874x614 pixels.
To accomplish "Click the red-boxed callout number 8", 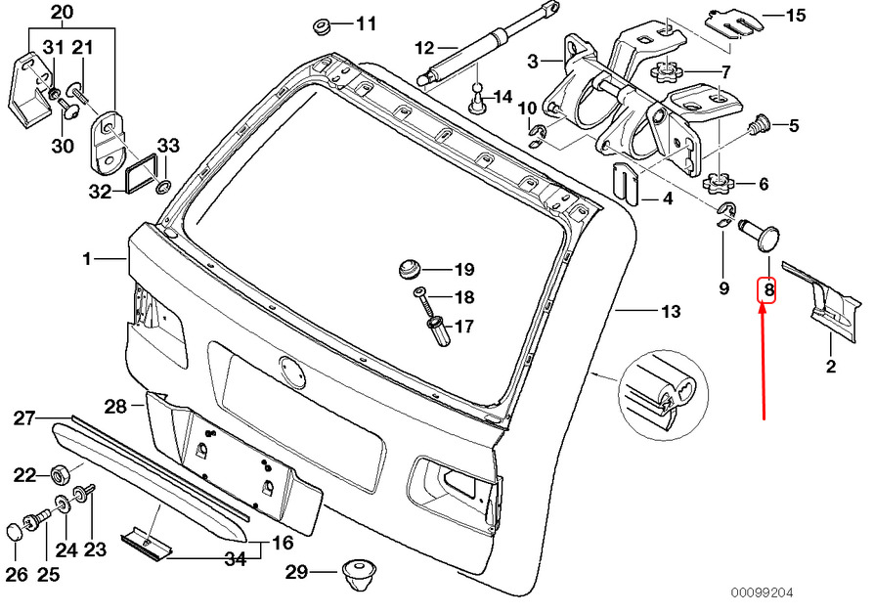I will pyautogui.click(x=768, y=290).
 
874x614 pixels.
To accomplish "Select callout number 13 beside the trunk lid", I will pyautogui.click(x=669, y=313).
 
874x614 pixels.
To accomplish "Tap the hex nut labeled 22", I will pyautogui.click(x=58, y=475).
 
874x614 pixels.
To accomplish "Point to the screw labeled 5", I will pyautogui.click(x=760, y=125).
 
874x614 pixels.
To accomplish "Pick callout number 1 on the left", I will pyautogui.click(x=86, y=259).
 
